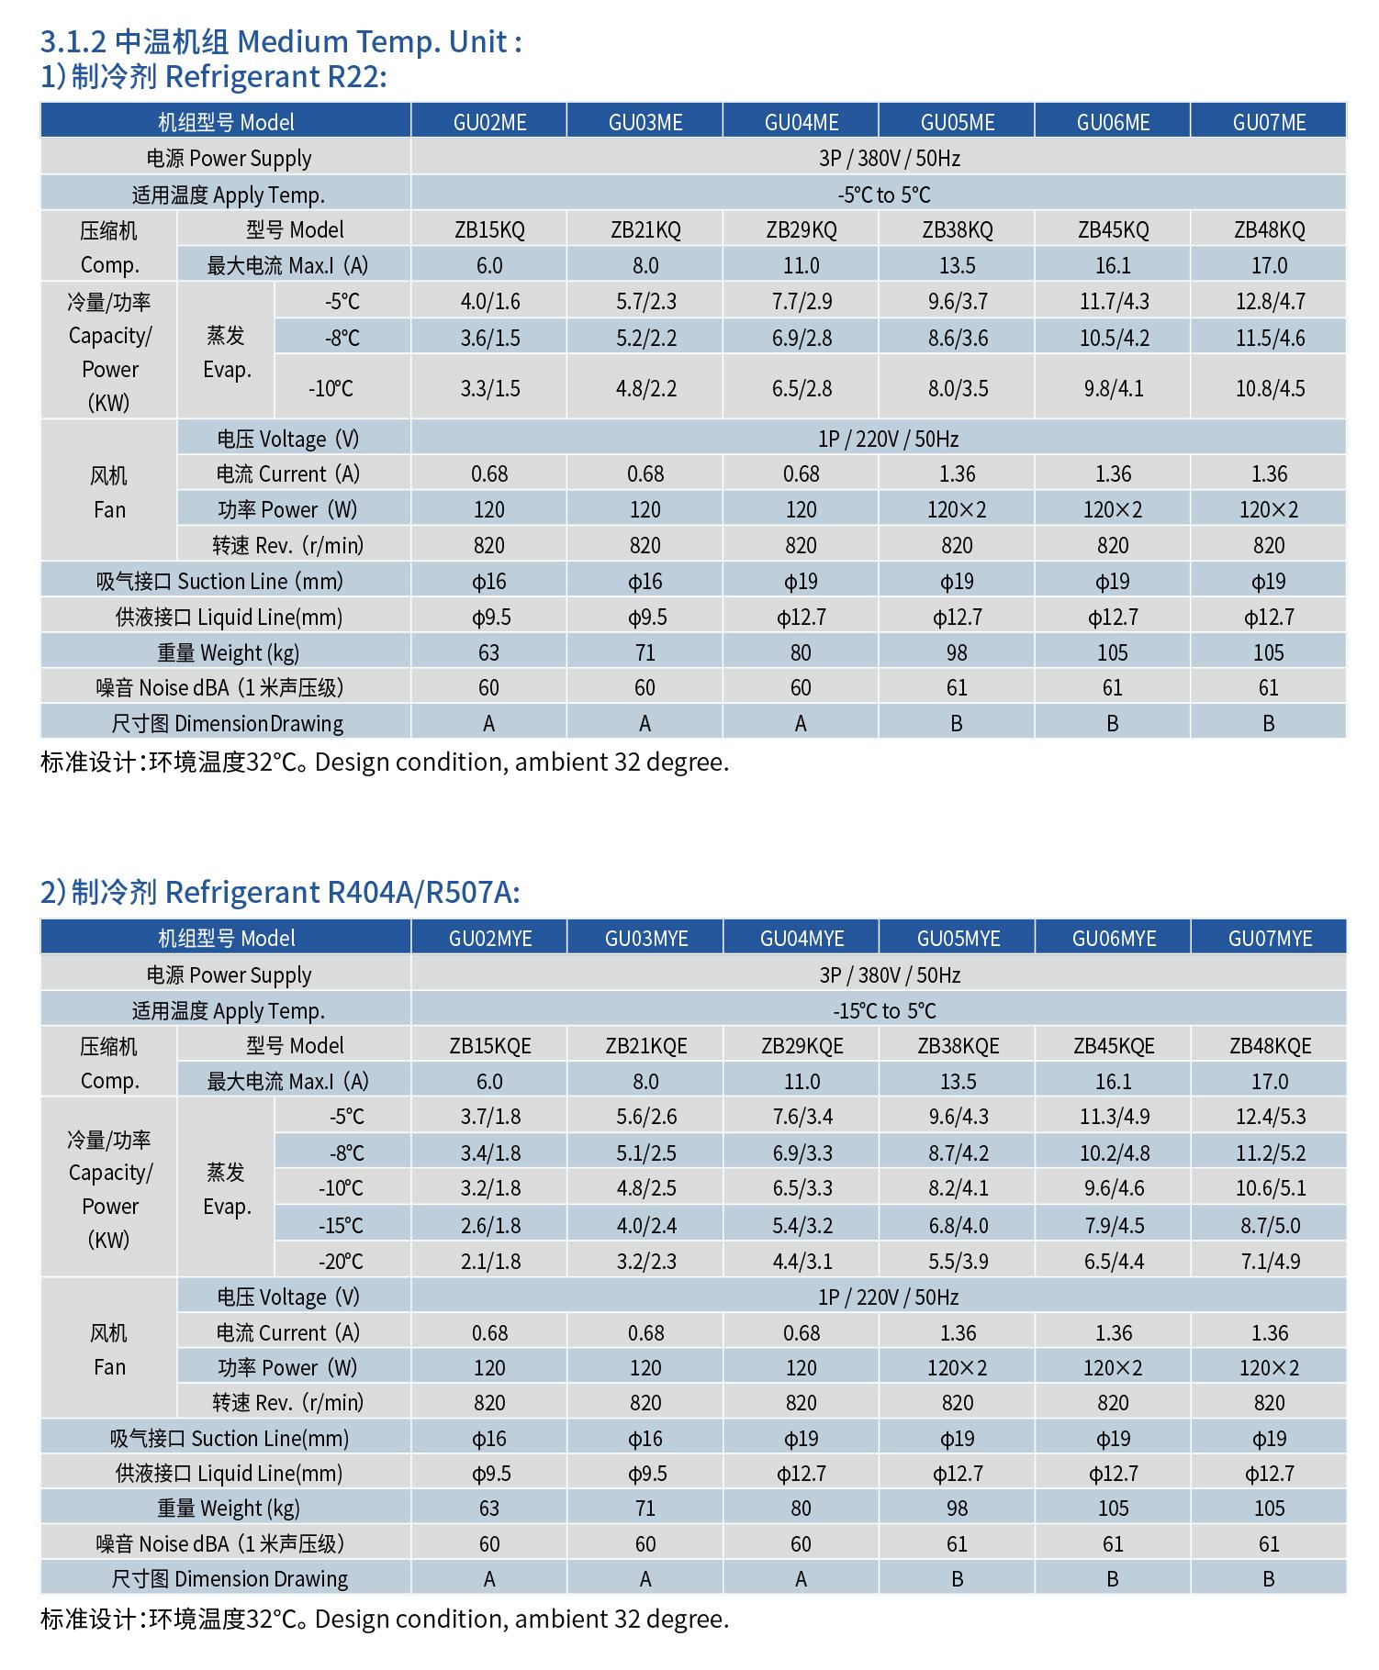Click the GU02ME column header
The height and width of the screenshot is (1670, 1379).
coord(489,122)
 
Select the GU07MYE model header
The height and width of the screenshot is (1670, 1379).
coord(1270,938)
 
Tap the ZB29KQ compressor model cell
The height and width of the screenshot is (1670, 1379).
coord(802,229)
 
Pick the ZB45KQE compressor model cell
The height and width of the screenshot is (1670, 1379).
coord(1114,1045)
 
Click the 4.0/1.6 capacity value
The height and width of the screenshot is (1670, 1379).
coord(489,301)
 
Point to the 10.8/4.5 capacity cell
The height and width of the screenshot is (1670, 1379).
coord(1270,388)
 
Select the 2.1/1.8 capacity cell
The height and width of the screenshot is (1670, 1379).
coord(489,1261)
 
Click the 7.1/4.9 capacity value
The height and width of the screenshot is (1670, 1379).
coord(1270,1261)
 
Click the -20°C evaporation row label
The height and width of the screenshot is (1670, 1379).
coord(341,1261)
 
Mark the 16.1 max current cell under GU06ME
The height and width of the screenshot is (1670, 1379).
coord(1113,265)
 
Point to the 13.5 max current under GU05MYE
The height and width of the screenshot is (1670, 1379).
coord(958,1081)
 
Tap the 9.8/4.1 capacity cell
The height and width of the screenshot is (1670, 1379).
coord(1113,388)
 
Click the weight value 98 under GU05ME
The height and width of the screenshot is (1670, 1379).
coord(957,652)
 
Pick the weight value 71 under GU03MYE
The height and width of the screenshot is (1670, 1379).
coord(645,1508)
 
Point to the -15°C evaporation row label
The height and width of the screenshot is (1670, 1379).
coord(341,1225)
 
